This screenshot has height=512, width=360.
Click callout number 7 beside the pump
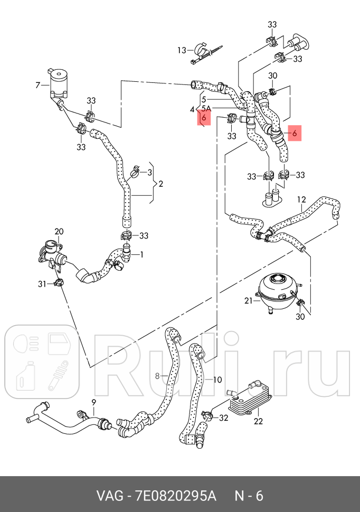[37, 84]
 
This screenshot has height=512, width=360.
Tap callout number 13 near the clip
[182, 51]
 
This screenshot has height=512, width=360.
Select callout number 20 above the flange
[59, 231]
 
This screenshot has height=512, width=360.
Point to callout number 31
[42, 284]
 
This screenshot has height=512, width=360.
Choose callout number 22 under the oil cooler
[258, 421]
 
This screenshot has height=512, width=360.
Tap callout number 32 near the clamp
[223, 418]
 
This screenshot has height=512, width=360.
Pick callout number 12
[301, 200]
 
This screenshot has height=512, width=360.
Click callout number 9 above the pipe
[93, 403]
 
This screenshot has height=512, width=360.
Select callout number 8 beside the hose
[157, 376]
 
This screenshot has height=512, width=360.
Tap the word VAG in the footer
[107, 496]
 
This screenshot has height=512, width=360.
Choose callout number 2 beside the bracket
[160, 184]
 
